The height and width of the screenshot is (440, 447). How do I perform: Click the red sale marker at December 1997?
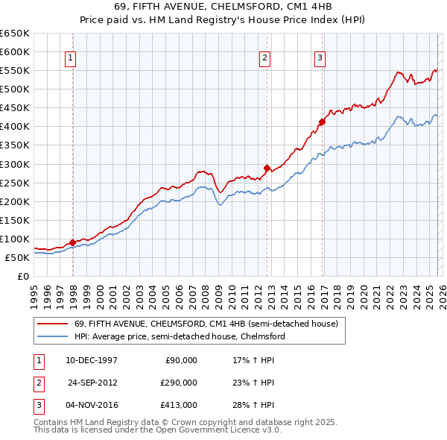tap(72, 242)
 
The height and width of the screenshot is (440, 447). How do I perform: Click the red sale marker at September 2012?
tap(267, 168)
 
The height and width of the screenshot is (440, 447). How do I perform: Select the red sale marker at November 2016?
tap(322, 122)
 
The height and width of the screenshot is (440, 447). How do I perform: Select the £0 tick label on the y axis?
tap(23, 276)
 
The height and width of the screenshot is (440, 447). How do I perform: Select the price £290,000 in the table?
tap(179, 383)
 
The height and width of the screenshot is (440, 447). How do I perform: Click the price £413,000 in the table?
tap(179, 406)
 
